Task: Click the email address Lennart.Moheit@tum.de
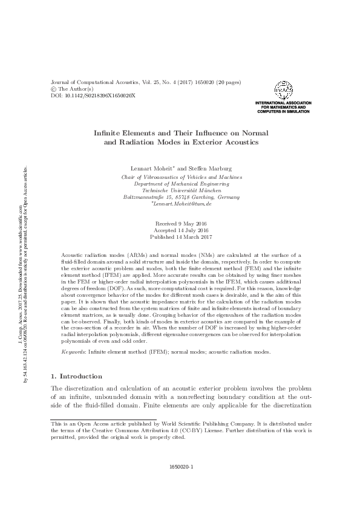(x=183, y=205)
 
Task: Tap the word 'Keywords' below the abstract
(x=74, y=351)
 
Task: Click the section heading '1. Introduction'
(x=79, y=376)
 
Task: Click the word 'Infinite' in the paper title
(x=109, y=132)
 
